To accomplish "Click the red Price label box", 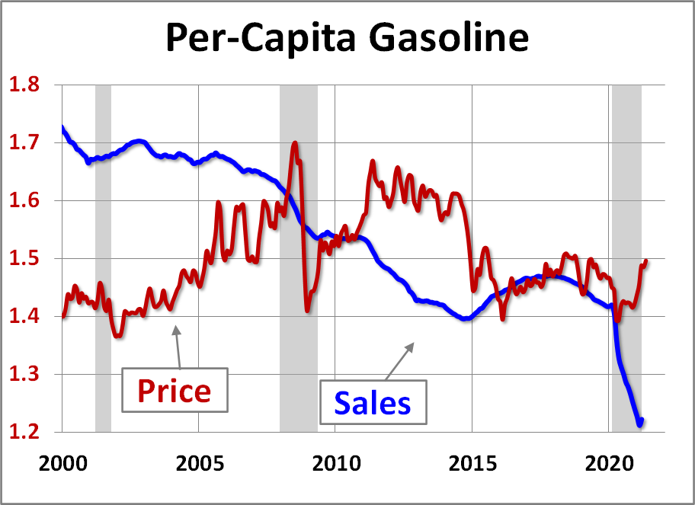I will pos(174,391).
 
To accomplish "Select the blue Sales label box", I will pos(373,402).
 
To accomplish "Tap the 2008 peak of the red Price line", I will pos(295,143).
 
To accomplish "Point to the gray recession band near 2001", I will pos(103,229).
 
